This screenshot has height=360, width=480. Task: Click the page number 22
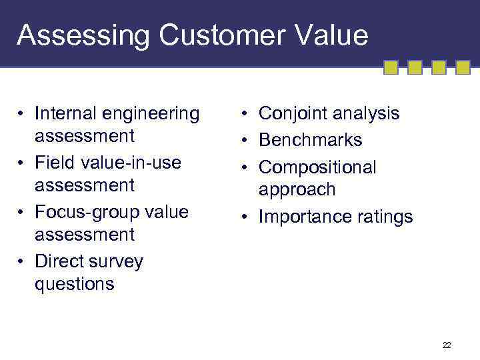click(446, 345)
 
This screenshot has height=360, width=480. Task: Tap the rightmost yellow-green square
click(463, 67)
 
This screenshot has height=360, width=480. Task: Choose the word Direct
click(60, 261)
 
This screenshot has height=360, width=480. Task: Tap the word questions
click(75, 284)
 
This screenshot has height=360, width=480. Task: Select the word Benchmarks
click(310, 140)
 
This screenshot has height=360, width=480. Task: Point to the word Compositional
click(317, 167)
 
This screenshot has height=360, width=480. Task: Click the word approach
click(297, 189)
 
